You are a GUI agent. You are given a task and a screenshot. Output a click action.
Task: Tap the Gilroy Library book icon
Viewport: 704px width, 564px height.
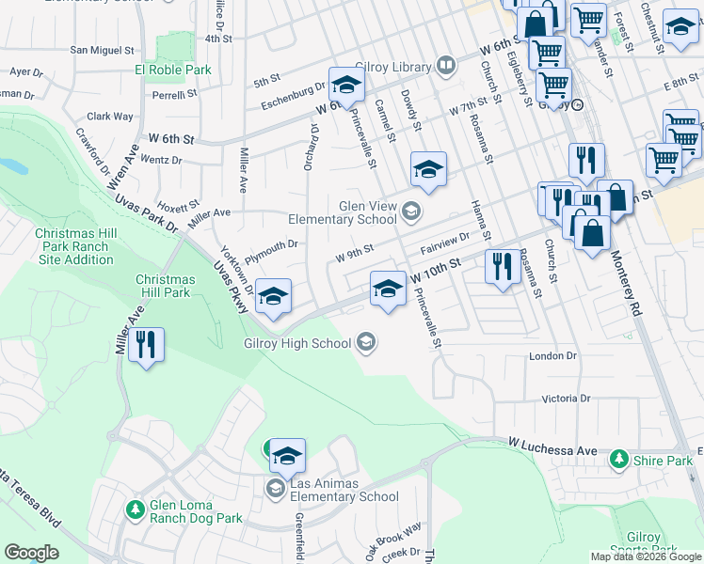tap(446, 66)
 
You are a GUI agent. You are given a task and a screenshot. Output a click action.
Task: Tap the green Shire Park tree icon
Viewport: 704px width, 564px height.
tap(618, 460)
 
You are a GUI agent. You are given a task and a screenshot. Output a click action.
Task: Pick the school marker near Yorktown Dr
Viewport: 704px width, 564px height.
tap(273, 298)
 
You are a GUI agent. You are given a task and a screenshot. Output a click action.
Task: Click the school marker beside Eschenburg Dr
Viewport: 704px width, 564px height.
tap(346, 86)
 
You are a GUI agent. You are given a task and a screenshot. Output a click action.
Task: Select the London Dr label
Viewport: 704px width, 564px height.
tap(552, 356)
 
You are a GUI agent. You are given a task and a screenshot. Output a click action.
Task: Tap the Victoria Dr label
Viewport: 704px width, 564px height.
tap(566, 399)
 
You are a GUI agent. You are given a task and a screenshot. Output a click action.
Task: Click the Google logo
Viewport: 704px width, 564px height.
tap(31, 553)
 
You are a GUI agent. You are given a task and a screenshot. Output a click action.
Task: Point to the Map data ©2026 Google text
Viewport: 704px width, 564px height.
tap(645, 556)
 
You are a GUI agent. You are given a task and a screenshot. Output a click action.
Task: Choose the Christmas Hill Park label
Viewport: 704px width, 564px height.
tap(165, 286)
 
